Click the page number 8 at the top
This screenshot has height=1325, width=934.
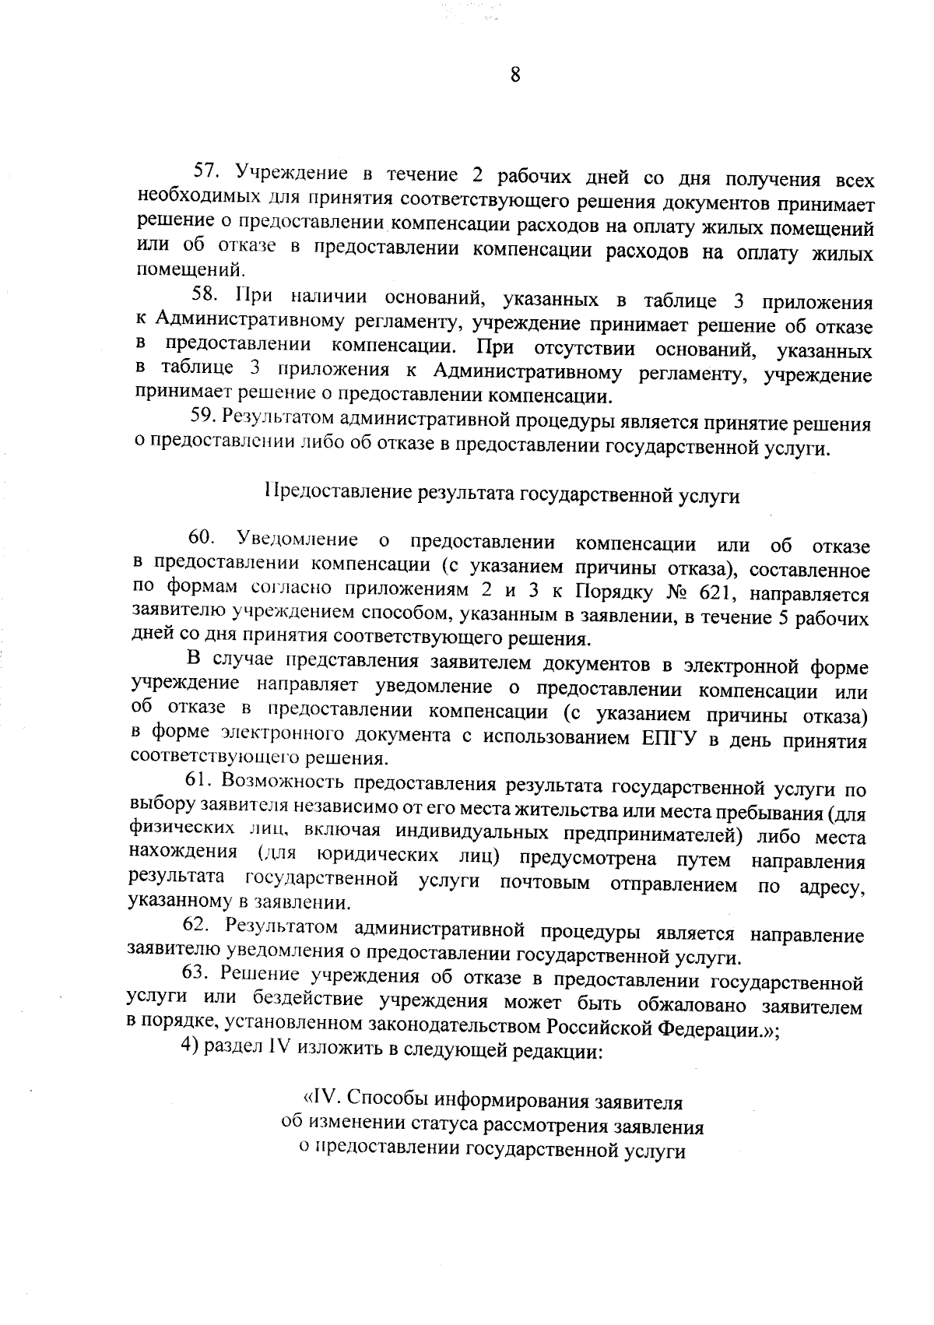coord(514,75)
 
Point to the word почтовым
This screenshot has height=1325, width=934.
coord(545,884)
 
